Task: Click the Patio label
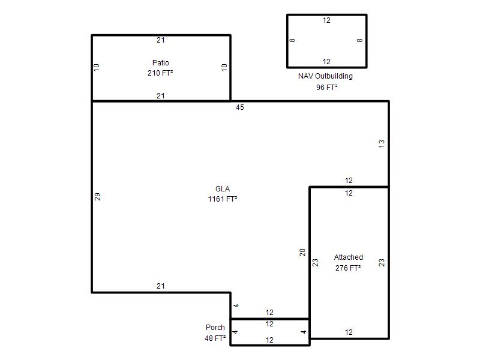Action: point(160,63)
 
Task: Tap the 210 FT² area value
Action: point(160,73)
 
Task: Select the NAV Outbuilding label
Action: point(325,76)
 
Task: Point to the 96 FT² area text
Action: point(326,87)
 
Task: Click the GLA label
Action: point(223,188)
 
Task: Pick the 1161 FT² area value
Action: point(223,199)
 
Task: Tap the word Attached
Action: point(349,257)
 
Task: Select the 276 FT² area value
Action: point(348,268)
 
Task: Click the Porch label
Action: point(215,327)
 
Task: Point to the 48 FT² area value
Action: point(215,338)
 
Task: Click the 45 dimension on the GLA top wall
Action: point(240,107)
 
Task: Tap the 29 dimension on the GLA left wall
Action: point(97,197)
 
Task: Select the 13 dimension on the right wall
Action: point(382,143)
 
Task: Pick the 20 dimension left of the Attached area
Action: point(302,252)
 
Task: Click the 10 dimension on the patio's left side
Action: point(97,67)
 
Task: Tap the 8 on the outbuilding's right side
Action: point(359,40)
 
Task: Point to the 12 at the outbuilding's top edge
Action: point(326,20)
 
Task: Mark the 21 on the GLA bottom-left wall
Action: point(160,286)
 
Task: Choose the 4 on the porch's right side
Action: point(304,332)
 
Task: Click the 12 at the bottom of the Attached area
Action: point(349,332)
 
